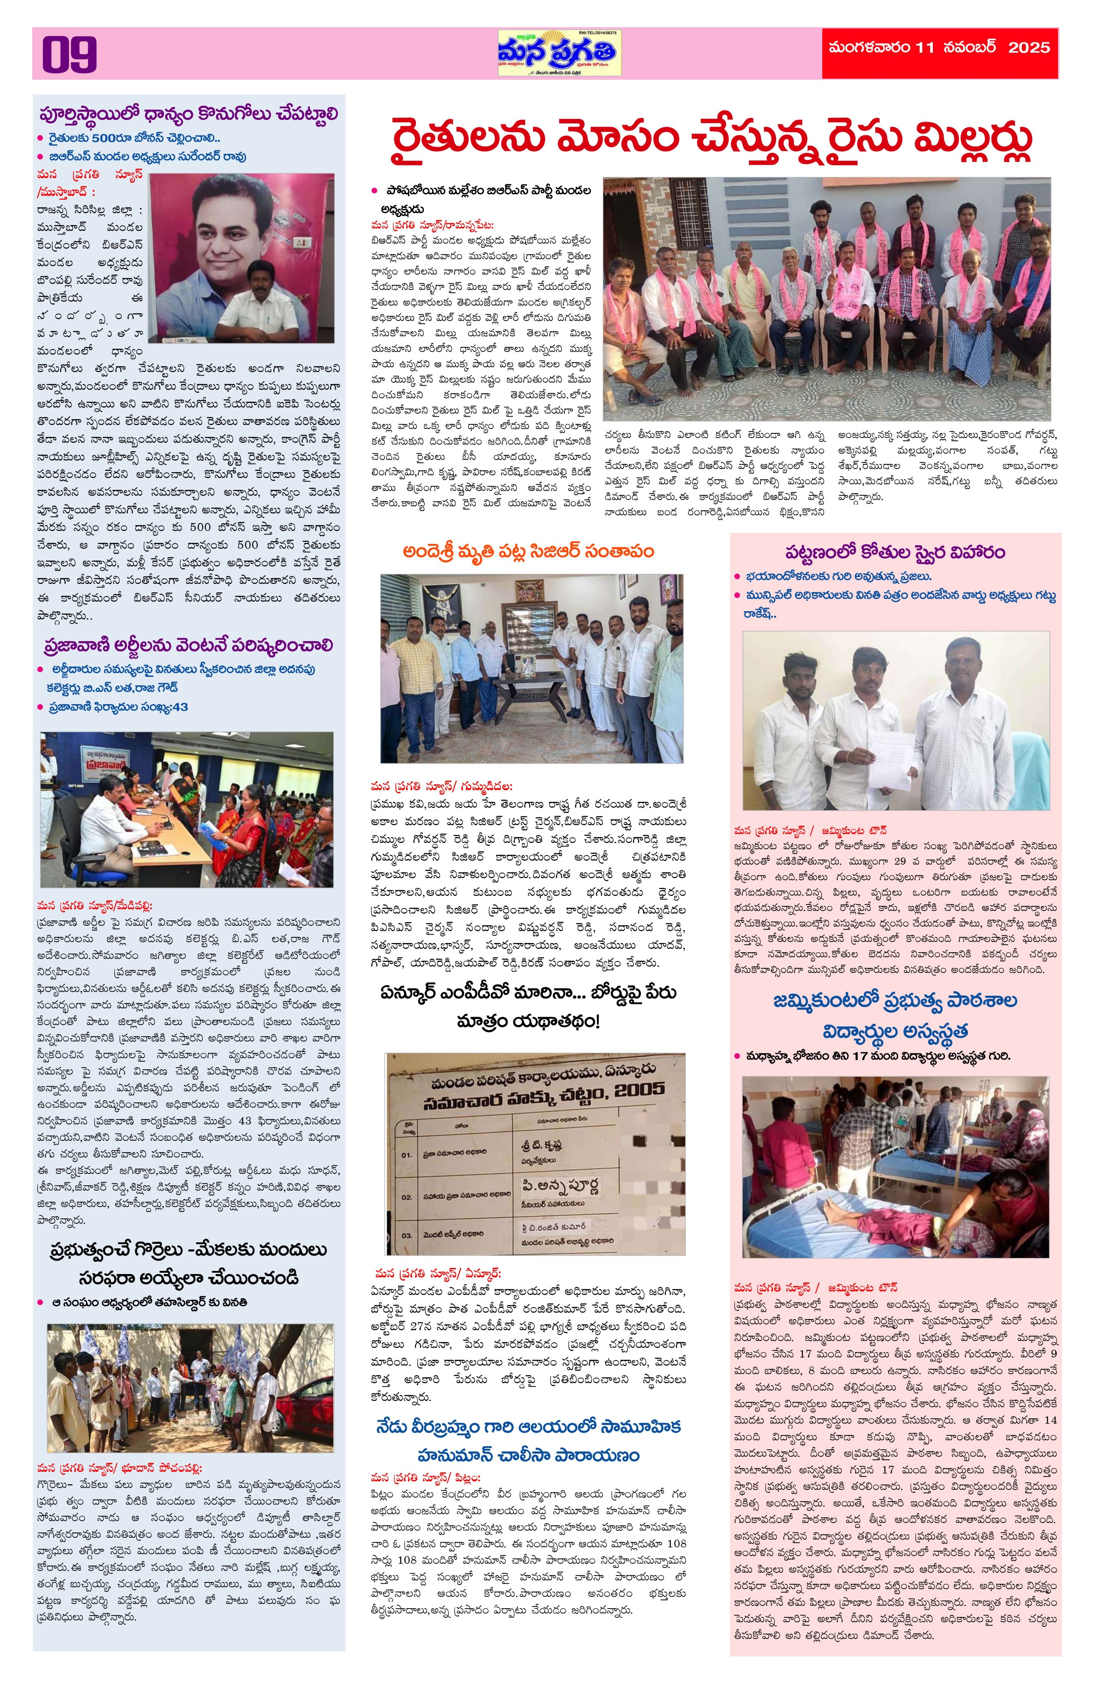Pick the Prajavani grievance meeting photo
(186, 810)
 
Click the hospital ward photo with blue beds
(895, 1167)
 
